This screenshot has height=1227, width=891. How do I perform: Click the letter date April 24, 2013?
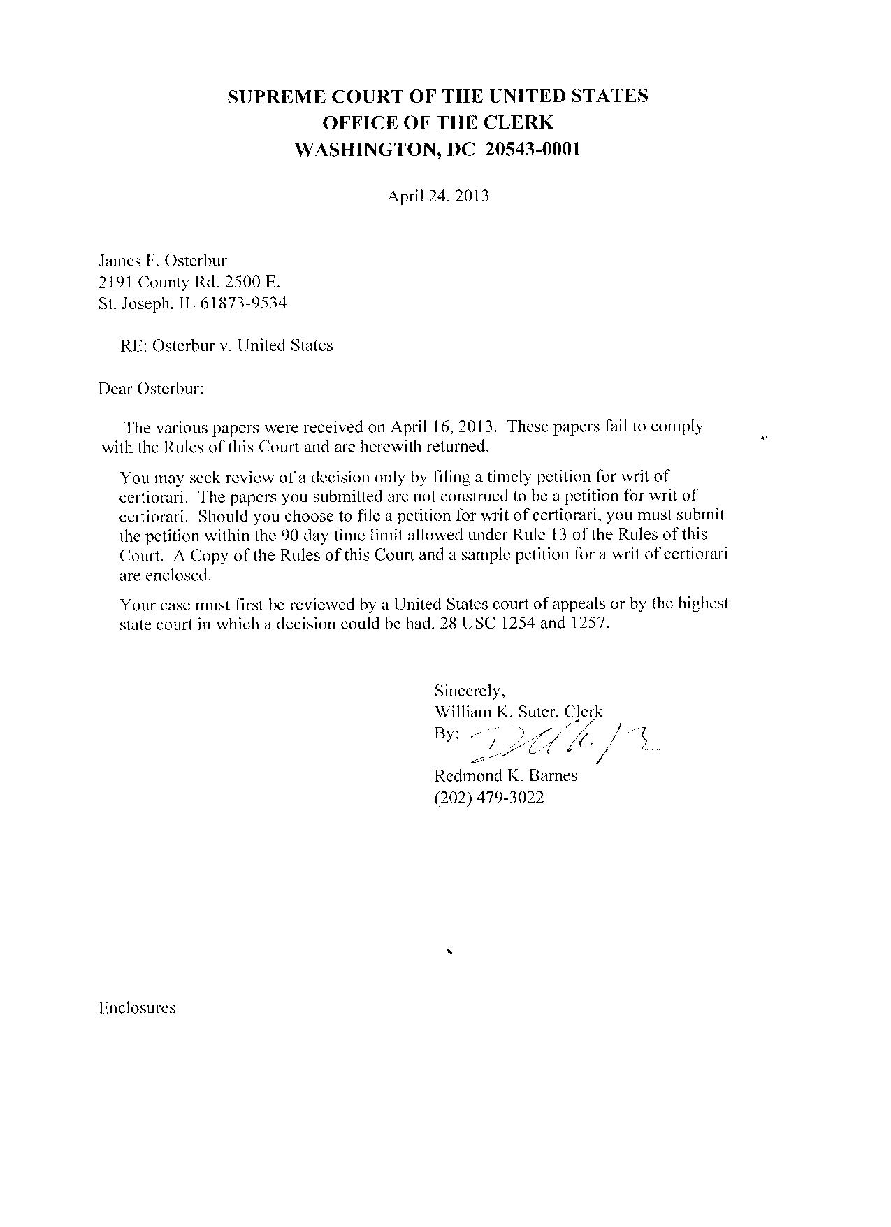438,196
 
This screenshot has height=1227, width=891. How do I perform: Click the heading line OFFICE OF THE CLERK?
437,122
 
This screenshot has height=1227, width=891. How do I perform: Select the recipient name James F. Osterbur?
162,261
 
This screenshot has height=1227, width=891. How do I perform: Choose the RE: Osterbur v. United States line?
227,345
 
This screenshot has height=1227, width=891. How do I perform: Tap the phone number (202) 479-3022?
489,797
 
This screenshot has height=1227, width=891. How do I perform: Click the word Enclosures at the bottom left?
138,1008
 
